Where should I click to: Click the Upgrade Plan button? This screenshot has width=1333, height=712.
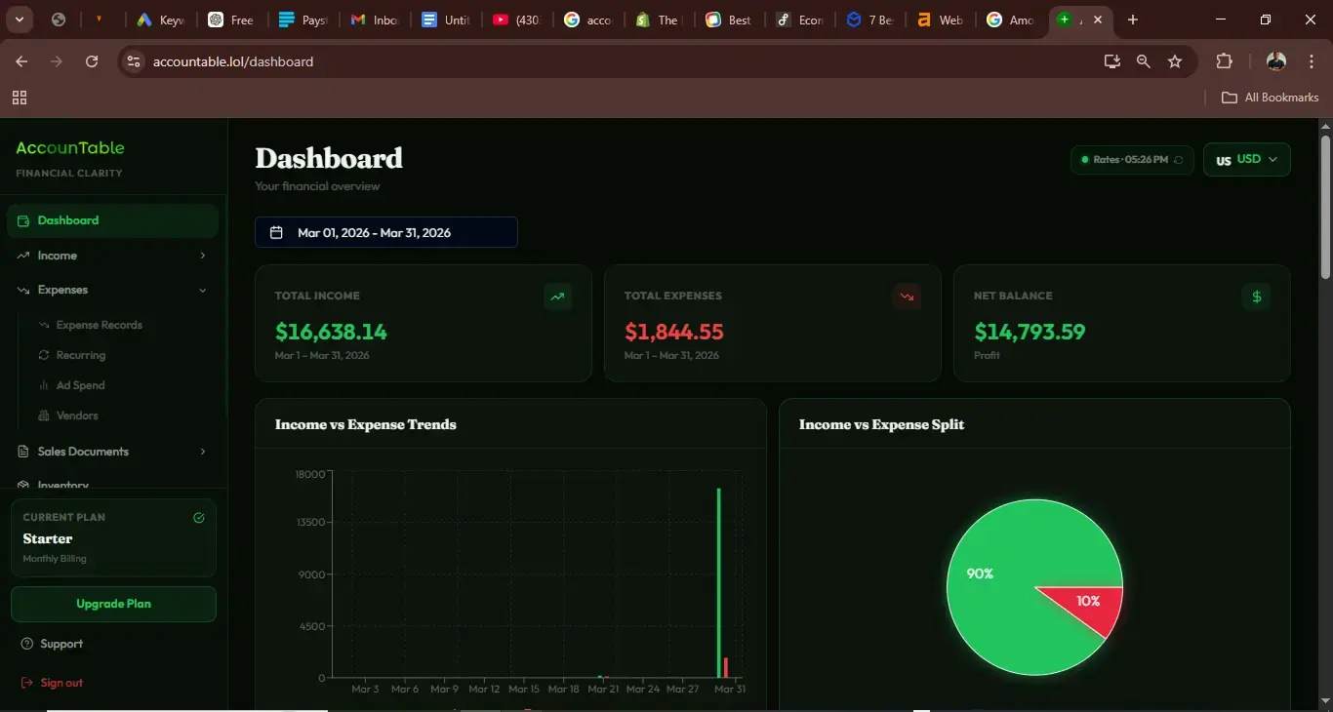(x=113, y=604)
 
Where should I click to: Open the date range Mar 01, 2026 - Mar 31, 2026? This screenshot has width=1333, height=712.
(x=385, y=232)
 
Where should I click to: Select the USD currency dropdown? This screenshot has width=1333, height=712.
(x=1247, y=160)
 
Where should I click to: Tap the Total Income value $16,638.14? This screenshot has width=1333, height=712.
(x=331, y=332)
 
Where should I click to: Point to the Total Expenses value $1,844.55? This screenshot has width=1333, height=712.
(x=674, y=332)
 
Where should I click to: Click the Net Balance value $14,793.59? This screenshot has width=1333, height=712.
(x=1030, y=332)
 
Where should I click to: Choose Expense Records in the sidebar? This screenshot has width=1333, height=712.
(x=99, y=325)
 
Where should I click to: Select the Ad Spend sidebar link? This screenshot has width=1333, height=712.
(x=80, y=385)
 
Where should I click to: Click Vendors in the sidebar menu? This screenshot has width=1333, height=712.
(x=77, y=415)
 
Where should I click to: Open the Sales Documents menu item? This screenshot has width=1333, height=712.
(x=83, y=452)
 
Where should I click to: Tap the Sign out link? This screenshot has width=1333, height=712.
(x=61, y=683)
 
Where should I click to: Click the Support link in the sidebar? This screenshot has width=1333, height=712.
(x=61, y=644)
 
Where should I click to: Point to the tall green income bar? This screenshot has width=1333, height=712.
(x=719, y=585)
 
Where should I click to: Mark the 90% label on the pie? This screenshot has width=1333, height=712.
(x=980, y=574)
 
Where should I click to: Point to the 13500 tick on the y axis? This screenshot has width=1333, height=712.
(x=311, y=522)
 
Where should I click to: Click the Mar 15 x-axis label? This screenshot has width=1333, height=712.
(x=523, y=689)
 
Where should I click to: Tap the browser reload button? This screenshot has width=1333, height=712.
(x=92, y=61)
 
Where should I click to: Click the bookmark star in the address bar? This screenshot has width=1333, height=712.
(x=1175, y=61)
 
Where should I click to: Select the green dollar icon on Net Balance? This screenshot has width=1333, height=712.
(x=1256, y=297)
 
